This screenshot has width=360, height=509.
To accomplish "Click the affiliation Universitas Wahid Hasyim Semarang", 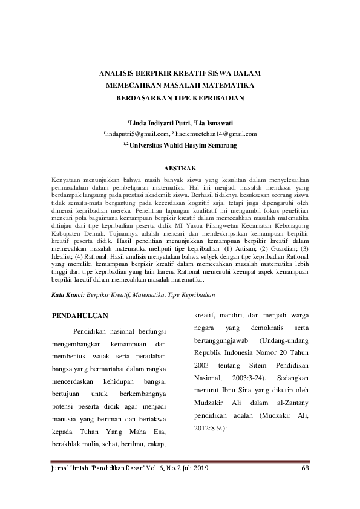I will [183, 145].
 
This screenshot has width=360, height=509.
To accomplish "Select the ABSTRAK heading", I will [180, 167].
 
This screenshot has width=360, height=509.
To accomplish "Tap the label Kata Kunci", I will [67, 294].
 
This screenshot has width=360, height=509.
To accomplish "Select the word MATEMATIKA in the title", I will [225, 85].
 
